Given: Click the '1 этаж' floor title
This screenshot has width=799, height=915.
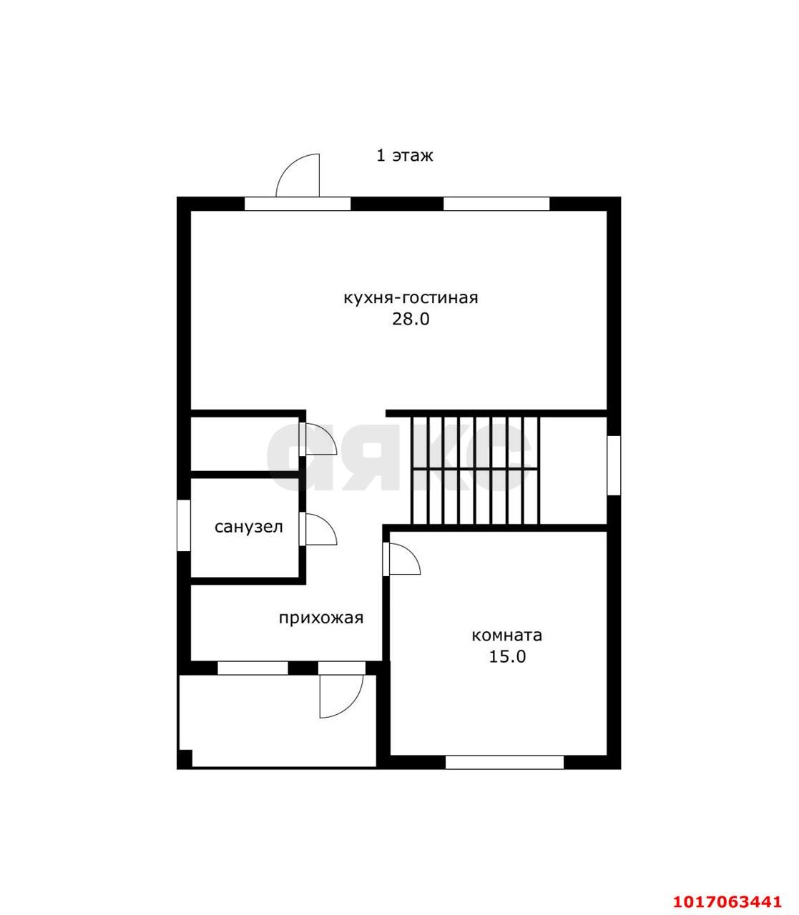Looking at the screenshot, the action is [x=404, y=156].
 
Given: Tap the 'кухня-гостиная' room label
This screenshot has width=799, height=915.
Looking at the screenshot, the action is [x=411, y=298].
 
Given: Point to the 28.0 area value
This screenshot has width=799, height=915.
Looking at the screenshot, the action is [x=411, y=320].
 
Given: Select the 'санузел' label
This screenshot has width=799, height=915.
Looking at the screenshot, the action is [x=249, y=528].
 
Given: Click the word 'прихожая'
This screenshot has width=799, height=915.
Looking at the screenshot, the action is [x=320, y=618].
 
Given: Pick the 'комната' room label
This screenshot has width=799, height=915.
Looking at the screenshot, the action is [x=507, y=635].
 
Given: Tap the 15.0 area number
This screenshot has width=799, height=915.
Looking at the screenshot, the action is [x=507, y=656].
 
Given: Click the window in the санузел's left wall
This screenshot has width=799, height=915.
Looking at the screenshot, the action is [x=184, y=525].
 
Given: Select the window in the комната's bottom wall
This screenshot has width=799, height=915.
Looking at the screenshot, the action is [x=504, y=762].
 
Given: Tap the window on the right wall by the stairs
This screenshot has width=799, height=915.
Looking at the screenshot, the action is [x=614, y=465].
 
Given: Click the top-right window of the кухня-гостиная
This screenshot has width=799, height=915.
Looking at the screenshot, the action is [x=496, y=204].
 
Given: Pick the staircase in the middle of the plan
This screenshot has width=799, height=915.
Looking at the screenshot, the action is [x=475, y=470].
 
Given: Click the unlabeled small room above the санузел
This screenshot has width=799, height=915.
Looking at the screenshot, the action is [x=245, y=444].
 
